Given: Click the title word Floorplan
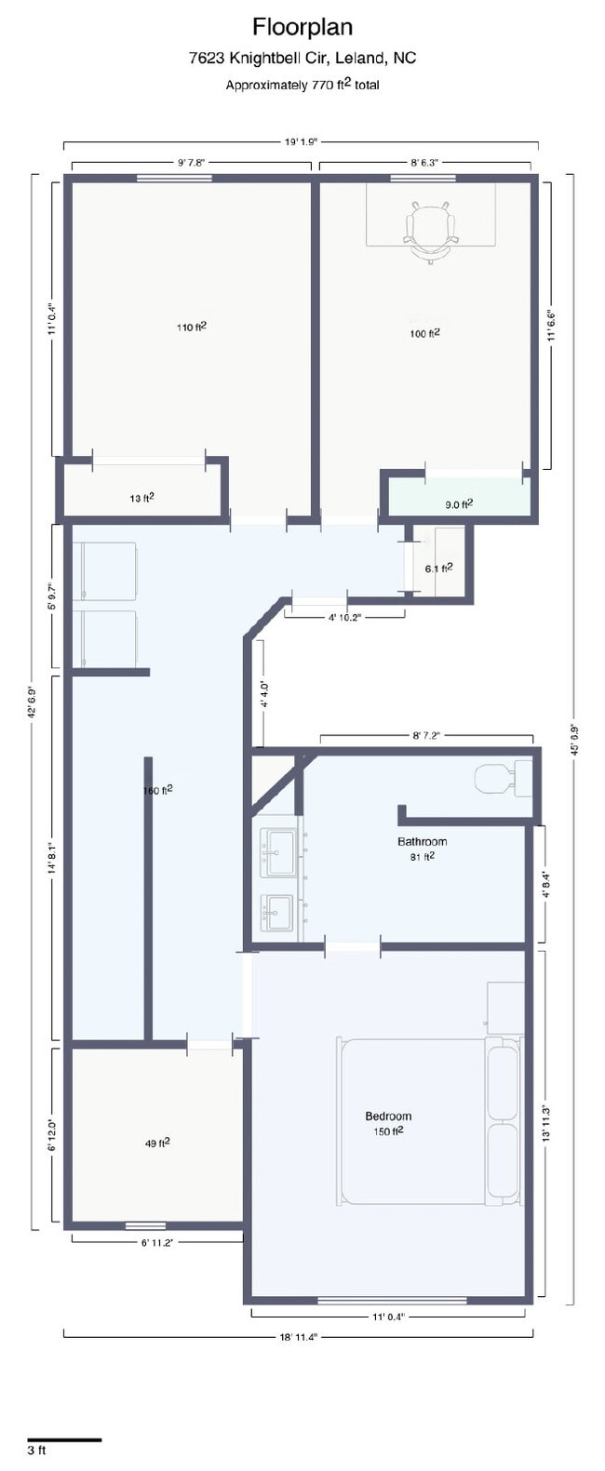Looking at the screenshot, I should tap(302, 27).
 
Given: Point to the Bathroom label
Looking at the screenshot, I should tap(422, 842).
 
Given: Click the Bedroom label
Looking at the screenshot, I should tap(388, 1116).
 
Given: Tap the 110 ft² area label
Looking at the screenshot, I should tap(191, 327).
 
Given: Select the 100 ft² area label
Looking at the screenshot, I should tap(424, 333).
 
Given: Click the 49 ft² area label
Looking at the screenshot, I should tap(156, 1143).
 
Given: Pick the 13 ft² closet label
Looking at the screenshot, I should tap(141, 498).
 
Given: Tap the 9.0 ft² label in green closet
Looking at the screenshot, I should tap(459, 504).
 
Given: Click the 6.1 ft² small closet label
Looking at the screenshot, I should tap(438, 568).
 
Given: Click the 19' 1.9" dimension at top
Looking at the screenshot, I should tap(302, 142).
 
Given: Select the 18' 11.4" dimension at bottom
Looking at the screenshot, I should tap(299, 1336).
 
